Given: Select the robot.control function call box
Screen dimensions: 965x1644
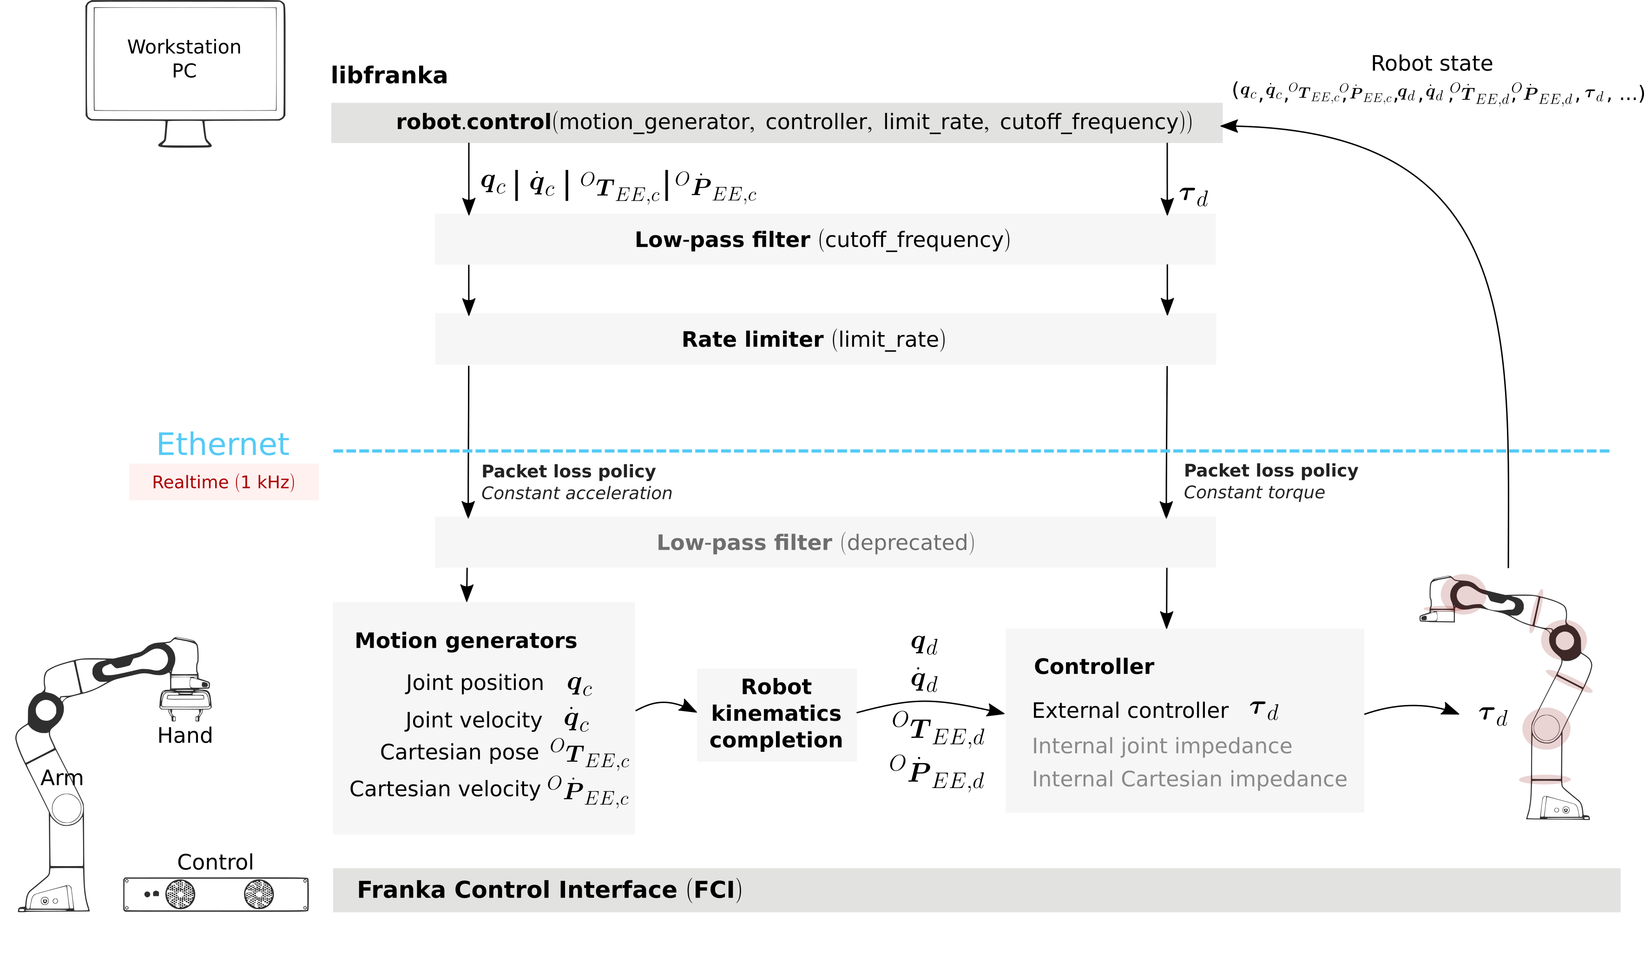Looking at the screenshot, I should (x=776, y=123).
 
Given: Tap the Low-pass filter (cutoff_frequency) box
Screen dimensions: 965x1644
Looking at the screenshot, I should (x=825, y=239).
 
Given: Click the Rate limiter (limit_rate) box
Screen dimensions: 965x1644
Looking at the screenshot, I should (x=825, y=339).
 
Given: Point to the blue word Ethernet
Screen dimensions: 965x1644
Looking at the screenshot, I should (x=223, y=445).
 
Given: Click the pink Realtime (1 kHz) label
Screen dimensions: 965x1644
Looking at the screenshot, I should (x=224, y=482).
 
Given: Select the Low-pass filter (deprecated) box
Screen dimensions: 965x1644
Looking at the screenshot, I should (x=825, y=542).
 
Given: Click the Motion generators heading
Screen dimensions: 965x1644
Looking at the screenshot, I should (x=466, y=641).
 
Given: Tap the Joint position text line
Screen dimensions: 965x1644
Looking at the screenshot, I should (x=474, y=683).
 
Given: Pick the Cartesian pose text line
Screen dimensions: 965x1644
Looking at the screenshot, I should (x=460, y=752).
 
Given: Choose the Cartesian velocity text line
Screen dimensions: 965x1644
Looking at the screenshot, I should (x=445, y=789).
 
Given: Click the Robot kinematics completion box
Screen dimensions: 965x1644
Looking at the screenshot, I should (x=776, y=715).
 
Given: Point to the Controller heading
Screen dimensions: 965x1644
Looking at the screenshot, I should (x=1094, y=667).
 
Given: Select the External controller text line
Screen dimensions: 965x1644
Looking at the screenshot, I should (x=1130, y=711).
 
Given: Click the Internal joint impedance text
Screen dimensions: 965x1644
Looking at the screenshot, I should (x=1162, y=746).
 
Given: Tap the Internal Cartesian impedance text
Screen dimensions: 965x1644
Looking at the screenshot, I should (x=1189, y=779).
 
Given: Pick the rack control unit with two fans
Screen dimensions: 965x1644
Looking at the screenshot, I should (x=216, y=894).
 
